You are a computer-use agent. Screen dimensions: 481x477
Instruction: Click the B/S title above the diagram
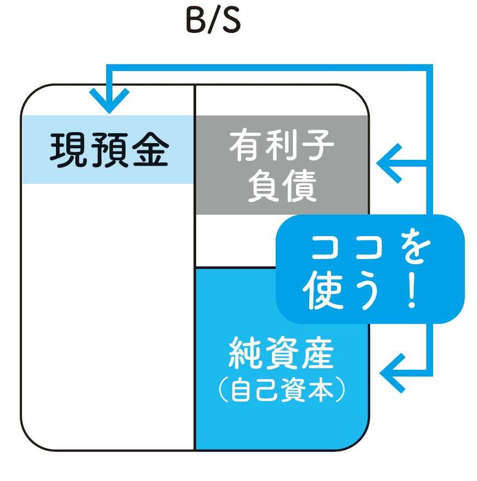(x=213, y=22)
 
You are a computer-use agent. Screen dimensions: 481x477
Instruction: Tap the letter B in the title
(x=195, y=22)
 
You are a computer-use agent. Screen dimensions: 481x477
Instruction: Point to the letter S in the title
(x=230, y=22)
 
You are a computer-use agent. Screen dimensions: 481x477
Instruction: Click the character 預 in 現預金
(x=109, y=151)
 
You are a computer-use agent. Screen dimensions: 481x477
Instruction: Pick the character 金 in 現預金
(x=149, y=151)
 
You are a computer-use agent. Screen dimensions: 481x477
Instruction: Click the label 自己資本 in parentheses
(x=281, y=390)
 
